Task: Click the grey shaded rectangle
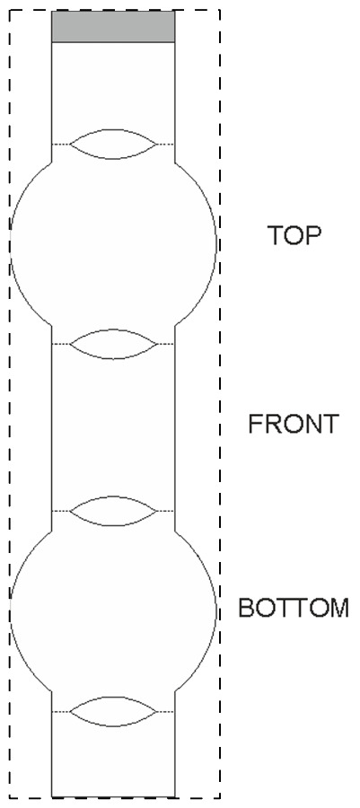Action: click(113, 26)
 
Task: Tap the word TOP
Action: click(294, 235)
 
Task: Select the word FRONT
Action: click(294, 424)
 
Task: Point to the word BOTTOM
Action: click(294, 608)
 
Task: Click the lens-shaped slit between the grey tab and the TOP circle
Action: click(113, 145)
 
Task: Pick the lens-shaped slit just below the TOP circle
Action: click(113, 344)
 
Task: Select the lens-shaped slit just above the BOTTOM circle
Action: click(113, 511)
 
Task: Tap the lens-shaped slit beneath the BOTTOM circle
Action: click(113, 712)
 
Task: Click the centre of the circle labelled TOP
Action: click(113, 243)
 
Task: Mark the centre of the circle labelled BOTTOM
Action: click(113, 611)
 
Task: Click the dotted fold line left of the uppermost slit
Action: click(61, 145)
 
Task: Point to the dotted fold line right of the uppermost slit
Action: click(166, 145)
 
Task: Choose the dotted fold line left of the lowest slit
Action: click(61, 712)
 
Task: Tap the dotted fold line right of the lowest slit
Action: click(166, 712)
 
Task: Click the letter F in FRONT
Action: click(256, 424)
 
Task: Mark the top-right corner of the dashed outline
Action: click(220, 10)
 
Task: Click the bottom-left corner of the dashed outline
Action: click(9, 798)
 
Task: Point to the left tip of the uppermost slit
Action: click(70, 145)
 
